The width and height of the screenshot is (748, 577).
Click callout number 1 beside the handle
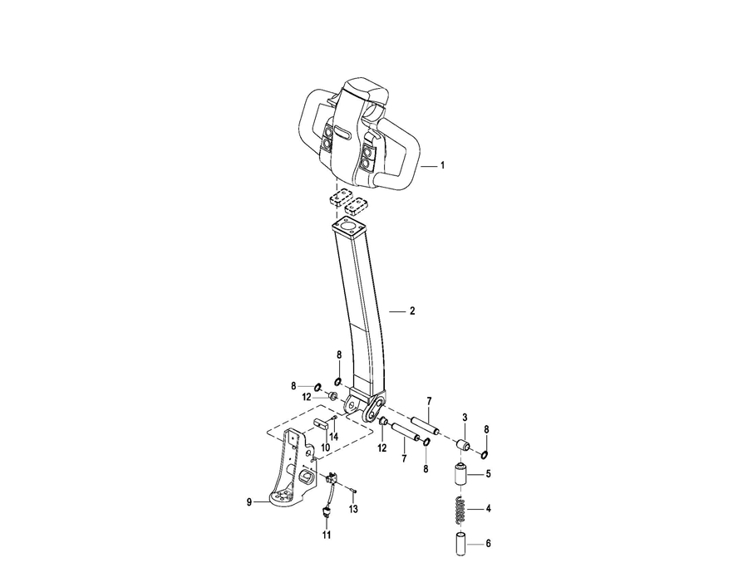[442, 165]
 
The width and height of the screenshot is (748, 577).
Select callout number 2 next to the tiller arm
[412, 311]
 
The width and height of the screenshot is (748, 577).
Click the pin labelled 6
[460, 544]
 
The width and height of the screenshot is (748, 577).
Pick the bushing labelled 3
[463, 446]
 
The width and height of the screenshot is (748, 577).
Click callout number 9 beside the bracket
[249, 502]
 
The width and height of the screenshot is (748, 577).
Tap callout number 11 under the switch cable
[327, 535]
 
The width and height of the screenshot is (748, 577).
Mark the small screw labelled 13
[354, 491]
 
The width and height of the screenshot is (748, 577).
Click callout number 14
[334, 436]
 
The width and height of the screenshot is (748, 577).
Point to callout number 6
[488, 544]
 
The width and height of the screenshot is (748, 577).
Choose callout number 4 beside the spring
[488, 509]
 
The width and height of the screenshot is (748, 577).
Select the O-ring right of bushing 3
[485, 455]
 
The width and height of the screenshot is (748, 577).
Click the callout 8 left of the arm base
[293, 386]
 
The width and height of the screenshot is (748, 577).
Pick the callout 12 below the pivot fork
[382, 448]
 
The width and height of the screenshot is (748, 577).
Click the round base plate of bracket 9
[285, 498]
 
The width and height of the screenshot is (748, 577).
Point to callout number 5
[488, 474]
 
